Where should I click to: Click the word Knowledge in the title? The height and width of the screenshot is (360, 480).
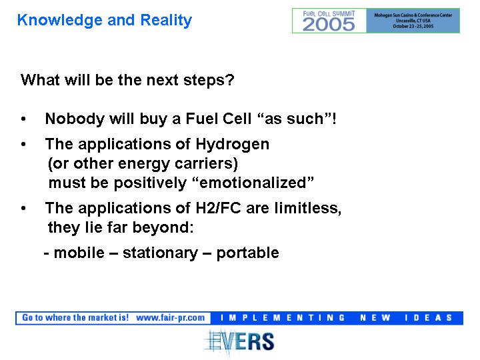pyautogui.click(x=60, y=21)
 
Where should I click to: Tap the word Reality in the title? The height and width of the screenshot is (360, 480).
pyautogui.click(x=166, y=21)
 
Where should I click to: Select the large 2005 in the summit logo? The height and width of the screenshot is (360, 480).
pyautogui.click(x=329, y=25)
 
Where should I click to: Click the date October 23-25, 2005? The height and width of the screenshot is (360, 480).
pyautogui.click(x=413, y=26)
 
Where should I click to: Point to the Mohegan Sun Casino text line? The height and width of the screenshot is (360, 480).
pyautogui.click(x=413, y=15)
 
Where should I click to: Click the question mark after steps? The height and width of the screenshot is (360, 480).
pyautogui.click(x=231, y=80)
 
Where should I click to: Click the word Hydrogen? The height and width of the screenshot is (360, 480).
pyautogui.click(x=233, y=145)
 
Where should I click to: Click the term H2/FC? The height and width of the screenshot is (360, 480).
pyautogui.click(x=218, y=208)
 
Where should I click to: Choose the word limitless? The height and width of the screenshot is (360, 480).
pyautogui.click(x=307, y=208)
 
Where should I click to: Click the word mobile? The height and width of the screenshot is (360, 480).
pyautogui.click(x=79, y=253)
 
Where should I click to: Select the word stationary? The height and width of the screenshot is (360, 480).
pyautogui.click(x=160, y=253)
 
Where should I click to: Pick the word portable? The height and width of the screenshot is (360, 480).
pyautogui.click(x=247, y=253)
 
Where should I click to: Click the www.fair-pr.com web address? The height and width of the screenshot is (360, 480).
pyautogui.click(x=170, y=318)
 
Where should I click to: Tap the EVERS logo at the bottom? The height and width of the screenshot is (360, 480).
pyautogui.click(x=239, y=341)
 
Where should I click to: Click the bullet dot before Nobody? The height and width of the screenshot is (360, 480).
pyautogui.click(x=23, y=119)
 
